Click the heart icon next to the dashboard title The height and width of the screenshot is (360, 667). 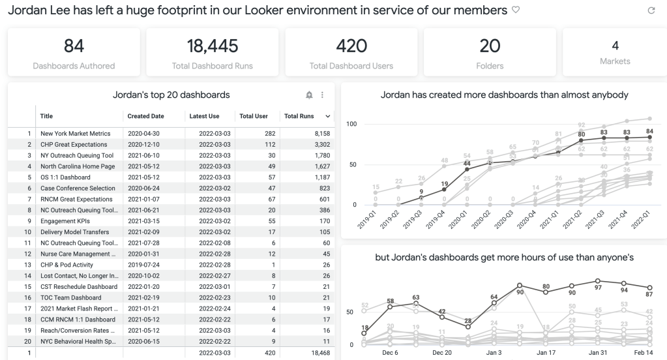(x=516, y=10)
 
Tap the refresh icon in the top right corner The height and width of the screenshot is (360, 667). (x=650, y=11)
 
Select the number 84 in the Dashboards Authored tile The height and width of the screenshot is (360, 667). (x=74, y=46)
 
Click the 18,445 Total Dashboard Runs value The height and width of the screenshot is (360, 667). (x=213, y=46)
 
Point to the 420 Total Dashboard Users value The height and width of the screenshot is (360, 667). (x=351, y=46)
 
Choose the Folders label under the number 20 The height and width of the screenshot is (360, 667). (x=490, y=66)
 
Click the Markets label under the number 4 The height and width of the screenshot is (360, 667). (x=615, y=61)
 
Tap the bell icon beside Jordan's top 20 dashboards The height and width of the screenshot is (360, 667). (x=309, y=95)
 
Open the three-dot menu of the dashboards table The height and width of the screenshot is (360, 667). (x=322, y=95)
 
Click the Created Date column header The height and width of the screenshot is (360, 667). (x=146, y=116)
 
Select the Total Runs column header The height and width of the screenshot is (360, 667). (x=299, y=116)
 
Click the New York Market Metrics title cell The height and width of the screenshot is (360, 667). (x=74, y=134)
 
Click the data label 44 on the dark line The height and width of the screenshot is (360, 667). (x=467, y=163)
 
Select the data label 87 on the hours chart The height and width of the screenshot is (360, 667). (x=649, y=295)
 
